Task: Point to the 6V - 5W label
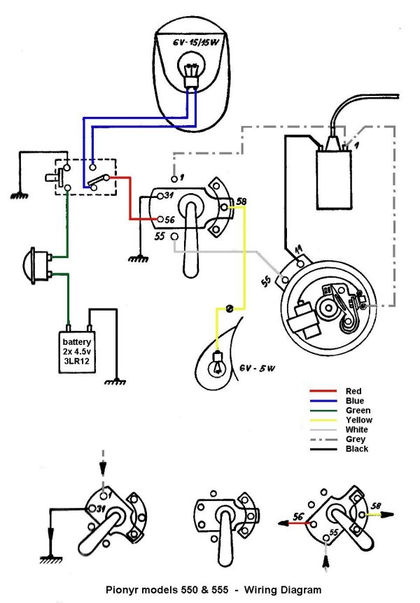tap(258, 368)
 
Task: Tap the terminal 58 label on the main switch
tap(241, 201)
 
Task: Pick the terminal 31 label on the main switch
tap(169, 195)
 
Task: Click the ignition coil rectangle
tap(334, 180)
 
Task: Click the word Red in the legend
tap(353, 391)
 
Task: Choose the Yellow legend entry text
tap(359, 420)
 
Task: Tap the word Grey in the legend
tap(355, 439)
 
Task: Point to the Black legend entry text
tap(356, 449)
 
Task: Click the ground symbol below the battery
tap(115, 382)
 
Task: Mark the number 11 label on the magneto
tap(298, 250)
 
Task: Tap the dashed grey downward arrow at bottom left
tap(102, 464)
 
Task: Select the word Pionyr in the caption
tap(120, 590)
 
